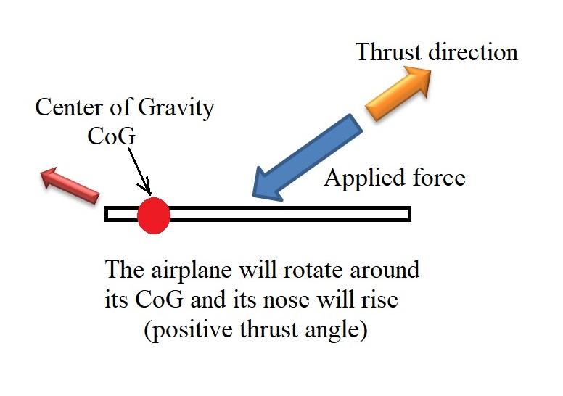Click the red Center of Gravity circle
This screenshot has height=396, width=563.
(x=154, y=215)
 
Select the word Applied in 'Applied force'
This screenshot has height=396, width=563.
(x=361, y=178)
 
